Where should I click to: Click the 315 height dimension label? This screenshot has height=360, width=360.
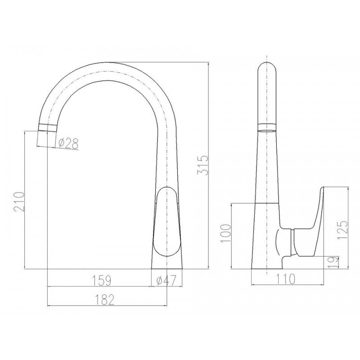coord(203,165)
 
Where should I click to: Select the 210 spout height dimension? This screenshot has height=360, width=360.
coord(19,202)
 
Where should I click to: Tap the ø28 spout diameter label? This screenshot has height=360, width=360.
coord(68,144)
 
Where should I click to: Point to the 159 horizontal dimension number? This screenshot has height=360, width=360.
coord(102,280)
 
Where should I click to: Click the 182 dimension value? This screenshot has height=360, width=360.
coord(104,300)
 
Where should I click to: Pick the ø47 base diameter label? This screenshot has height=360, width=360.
coord(166,280)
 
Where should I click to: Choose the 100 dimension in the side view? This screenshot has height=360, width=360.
coord(226,233)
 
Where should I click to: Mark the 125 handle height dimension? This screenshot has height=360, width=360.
coord(342,229)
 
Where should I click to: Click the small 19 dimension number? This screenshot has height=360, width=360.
coord(333,262)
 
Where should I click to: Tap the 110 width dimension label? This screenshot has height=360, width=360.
coord(285,279)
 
